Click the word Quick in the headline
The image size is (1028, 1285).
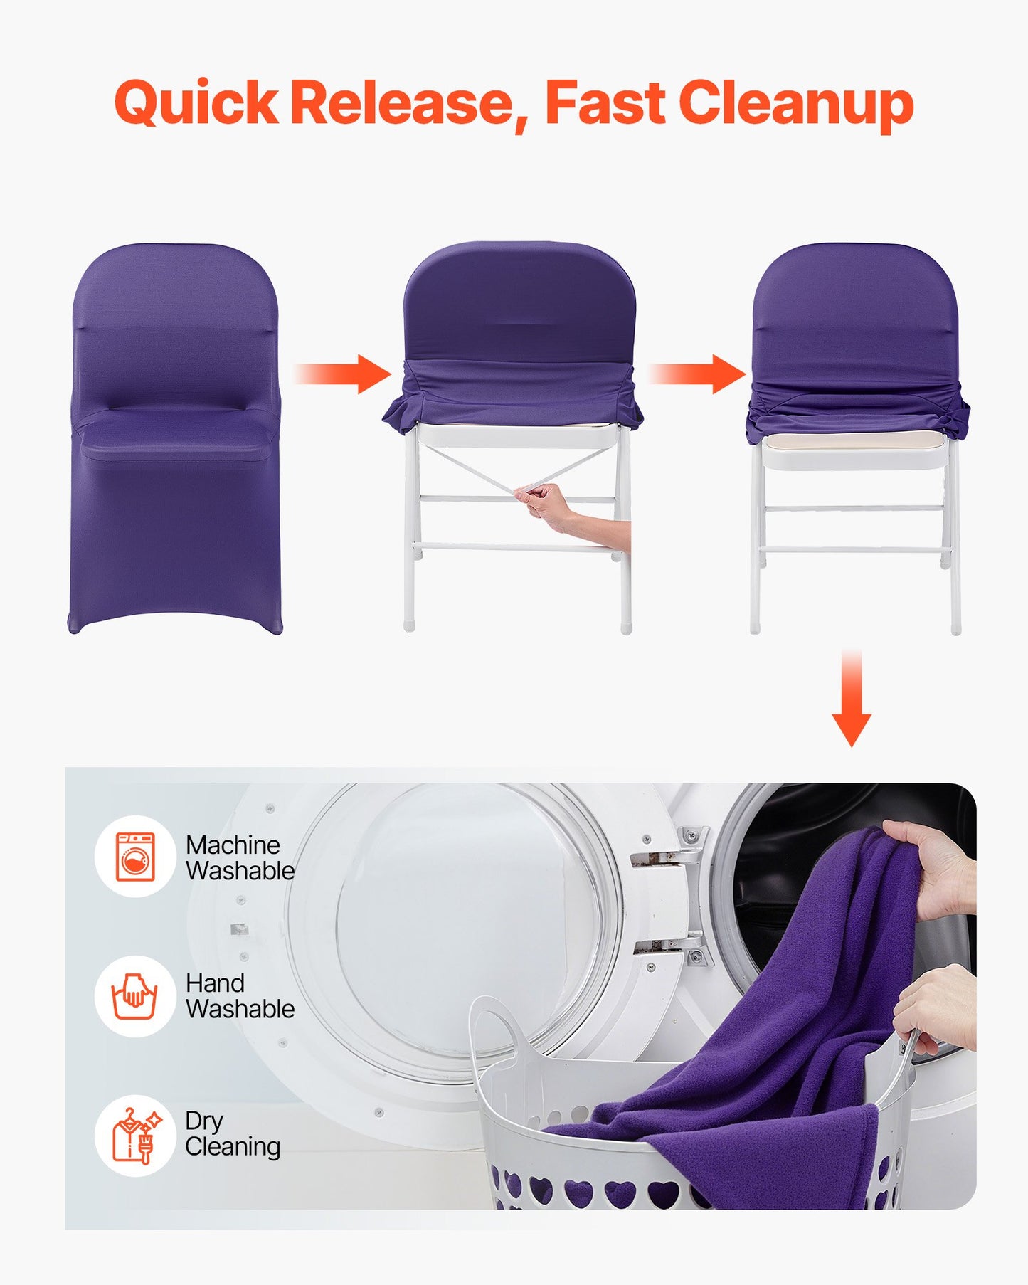[x=195, y=103]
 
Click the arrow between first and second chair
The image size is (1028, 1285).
[x=344, y=374]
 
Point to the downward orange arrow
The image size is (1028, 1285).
[x=851, y=701]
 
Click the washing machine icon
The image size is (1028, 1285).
[x=135, y=857]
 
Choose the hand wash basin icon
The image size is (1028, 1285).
[x=134, y=995]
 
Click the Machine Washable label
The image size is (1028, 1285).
[x=239, y=857]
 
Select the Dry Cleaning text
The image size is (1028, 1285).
[x=232, y=1133]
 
